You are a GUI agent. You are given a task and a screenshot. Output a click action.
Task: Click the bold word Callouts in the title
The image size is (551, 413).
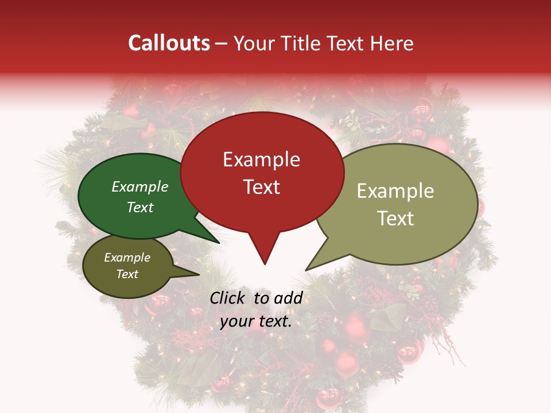(x=169, y=43)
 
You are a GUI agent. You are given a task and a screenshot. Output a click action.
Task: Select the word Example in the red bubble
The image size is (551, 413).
(x=261, y=159)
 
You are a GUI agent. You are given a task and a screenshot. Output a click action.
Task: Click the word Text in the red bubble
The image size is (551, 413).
(x=262, y=187)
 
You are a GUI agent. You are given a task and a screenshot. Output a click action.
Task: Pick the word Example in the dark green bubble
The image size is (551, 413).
(x=140, y=187)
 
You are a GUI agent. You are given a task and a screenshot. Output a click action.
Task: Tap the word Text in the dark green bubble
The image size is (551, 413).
(x=140, y=207)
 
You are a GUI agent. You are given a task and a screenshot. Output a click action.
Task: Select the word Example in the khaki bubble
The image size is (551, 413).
(x=395, y=191)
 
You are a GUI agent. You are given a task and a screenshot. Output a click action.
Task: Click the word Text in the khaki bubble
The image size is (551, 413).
(x=395, y=218)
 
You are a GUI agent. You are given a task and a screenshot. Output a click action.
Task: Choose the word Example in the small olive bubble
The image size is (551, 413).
(x=127, y=258)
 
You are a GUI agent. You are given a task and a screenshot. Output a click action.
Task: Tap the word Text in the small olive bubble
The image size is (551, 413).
(x=127, y=274)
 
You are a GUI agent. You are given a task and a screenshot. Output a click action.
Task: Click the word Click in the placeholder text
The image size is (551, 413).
(x=228, y=298)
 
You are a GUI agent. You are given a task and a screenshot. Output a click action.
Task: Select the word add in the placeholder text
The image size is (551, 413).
(x=288, y=298)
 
